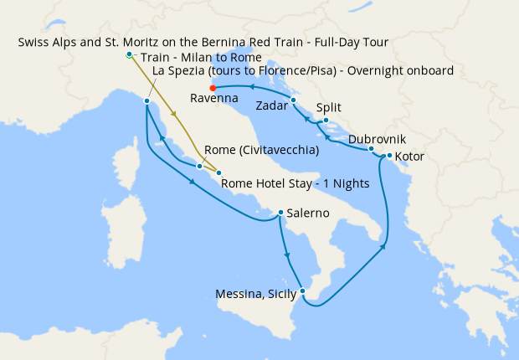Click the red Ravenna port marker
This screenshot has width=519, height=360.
213,88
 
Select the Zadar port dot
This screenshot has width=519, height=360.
294,100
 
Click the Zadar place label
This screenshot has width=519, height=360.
273,106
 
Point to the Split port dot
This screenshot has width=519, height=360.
326,121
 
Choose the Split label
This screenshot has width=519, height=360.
329,107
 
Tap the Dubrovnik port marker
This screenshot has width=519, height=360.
371,149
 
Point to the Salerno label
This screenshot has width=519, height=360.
307,213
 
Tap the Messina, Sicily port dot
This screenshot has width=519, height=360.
303,291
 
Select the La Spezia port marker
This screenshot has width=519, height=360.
146,101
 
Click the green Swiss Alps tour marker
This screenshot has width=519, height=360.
129,54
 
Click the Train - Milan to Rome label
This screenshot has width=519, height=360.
201,57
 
